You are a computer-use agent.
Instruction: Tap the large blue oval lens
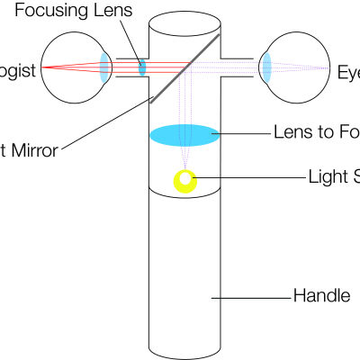[x=184, y=136]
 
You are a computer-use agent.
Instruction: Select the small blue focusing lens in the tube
[x=141, y=67]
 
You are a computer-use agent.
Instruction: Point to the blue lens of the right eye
[x=266, y=67]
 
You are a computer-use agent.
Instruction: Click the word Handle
[x=321, y=295]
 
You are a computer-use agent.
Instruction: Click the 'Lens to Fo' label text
[x=316, y=132]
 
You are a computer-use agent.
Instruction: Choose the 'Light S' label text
[x=333, y=175]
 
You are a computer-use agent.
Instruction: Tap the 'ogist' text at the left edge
[x=18, y=70]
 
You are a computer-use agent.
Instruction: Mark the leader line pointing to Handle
[x=252, y=296]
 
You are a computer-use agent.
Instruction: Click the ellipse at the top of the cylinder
[x=184, y=20]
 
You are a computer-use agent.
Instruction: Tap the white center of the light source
[x=186, y=178]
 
